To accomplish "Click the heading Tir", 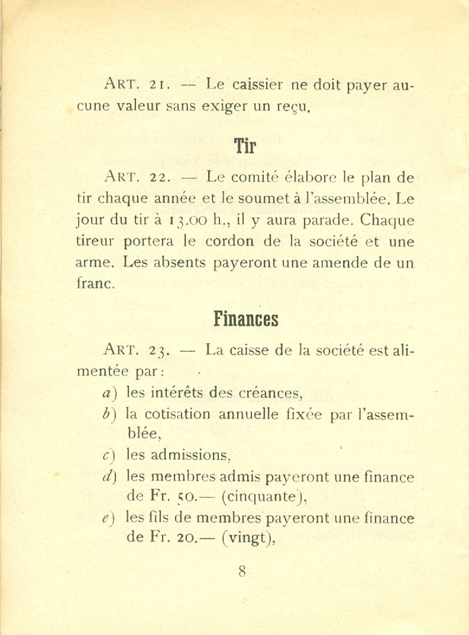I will point(245,145).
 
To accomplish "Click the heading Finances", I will point(245,318).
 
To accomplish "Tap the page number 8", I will point(242,571).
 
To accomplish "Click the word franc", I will point(96,283).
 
